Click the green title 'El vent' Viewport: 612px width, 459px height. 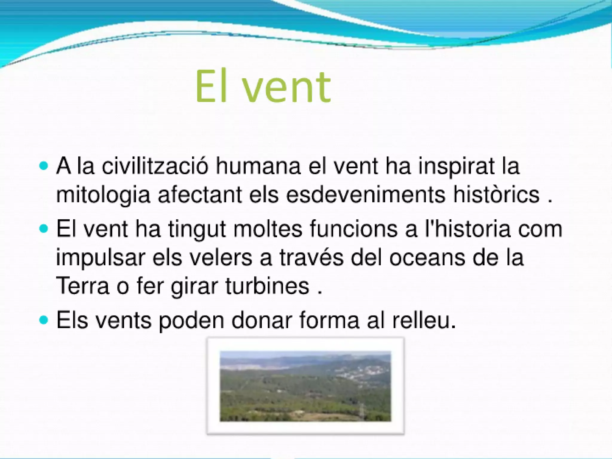coord(263,87)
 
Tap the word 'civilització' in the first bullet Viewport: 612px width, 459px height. coord(154,166)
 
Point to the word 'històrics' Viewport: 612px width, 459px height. coord(496,195)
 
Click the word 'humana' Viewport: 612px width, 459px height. coord(258,166)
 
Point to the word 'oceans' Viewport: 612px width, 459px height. coord(427,258)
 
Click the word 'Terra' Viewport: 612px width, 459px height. coord(82,286)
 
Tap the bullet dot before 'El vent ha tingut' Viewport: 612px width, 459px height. coord(44,229)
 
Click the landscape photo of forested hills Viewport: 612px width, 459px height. coord(305,386)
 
